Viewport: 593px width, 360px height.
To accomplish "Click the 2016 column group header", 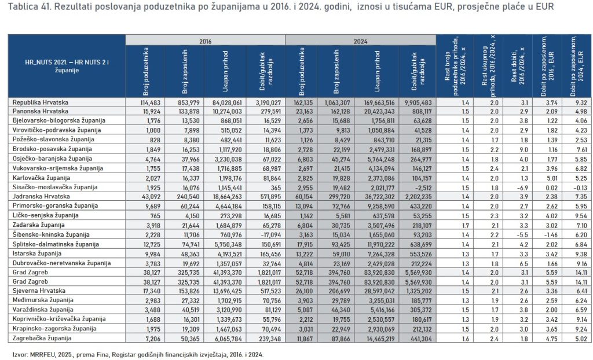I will [206, 41].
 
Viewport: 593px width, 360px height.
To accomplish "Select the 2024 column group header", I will [361, 41].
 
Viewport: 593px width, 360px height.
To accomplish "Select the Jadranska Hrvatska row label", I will [38, 196].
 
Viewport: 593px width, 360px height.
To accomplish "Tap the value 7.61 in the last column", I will [580, 149].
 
